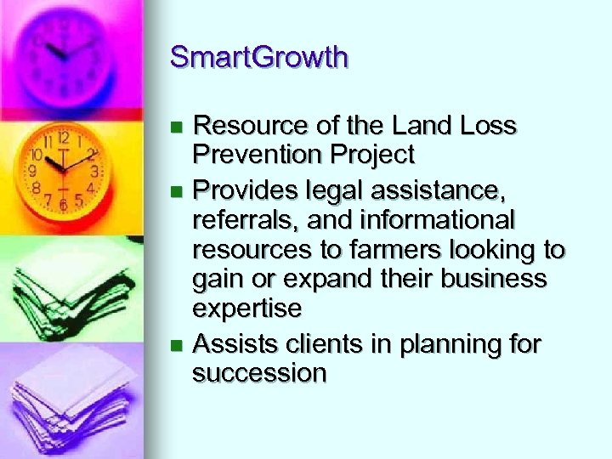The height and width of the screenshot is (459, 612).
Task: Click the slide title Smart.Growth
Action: coord(258,58)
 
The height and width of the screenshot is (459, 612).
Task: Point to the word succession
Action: coord(259,373)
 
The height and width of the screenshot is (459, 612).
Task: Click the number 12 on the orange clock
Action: coord(63,137)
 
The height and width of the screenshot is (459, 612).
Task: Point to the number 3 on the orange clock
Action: coord(94,171)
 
